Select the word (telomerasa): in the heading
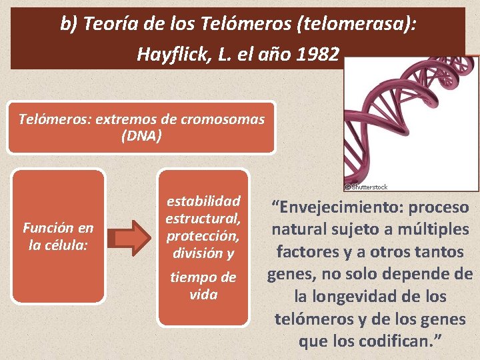point(361,25)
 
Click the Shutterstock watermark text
point(368,187)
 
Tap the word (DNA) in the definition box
point(141,135)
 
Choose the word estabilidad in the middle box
point(203,201)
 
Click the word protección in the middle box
point(202,236)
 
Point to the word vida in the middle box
point(203,294)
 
